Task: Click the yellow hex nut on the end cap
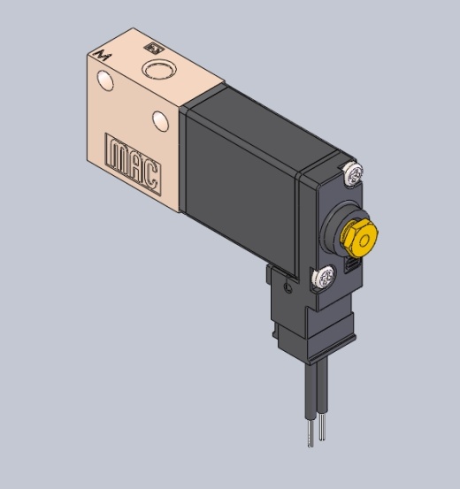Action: (x=359, y=238)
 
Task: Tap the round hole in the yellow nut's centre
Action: (x=364, y=241)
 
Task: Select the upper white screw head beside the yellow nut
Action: (x=353, y=175)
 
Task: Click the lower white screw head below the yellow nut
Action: (x=325, y=277)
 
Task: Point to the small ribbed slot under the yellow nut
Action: (x=352, y=265)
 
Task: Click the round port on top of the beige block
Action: (x=159, y=69)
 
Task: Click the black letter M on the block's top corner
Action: (x=103, y=55)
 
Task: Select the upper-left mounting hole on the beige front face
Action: (x=105, y=80)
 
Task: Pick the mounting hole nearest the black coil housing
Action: (x=161, y=121)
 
